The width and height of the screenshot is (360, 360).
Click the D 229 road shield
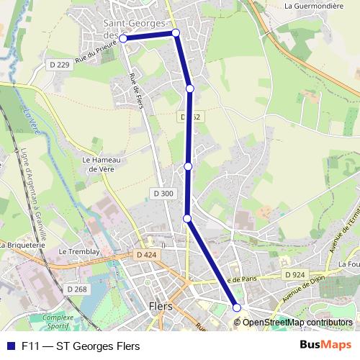click(60, 65)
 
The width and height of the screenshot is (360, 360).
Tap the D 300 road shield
click(163, 193)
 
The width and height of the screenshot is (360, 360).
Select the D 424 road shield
click(145, 254)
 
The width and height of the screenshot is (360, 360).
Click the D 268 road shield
click(77, 289)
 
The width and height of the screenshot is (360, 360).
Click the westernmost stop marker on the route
click(123, 39)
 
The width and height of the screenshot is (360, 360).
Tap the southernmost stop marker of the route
click(237, 307)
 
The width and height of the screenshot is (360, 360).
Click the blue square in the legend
click(11, 346)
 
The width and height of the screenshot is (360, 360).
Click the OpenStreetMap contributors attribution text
click(297, 323)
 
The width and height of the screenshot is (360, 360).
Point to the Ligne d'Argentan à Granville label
click(33, 194)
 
